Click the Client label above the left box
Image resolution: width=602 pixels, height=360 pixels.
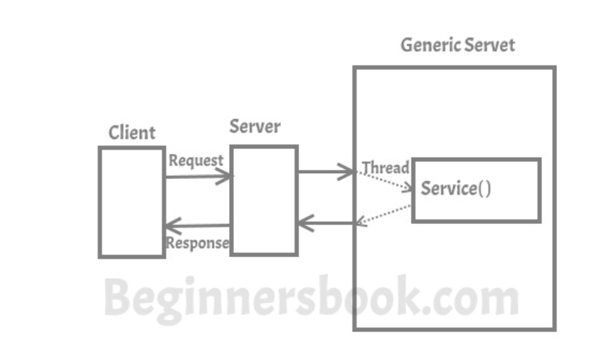[x=132, y=133]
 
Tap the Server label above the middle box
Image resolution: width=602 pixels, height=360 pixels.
[x=255, y=127]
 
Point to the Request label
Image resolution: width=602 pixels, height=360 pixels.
[x=195, y=161]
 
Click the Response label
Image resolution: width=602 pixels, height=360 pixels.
[x=198, y=242]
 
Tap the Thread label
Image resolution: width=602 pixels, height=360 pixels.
[x=385, y=168]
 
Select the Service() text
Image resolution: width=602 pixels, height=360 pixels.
[x=456, y=189]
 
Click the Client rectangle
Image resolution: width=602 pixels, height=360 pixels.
[x=132, y=202]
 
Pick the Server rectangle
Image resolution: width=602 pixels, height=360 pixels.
[x=263, y=200]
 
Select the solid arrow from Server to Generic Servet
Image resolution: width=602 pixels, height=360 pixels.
[x=325, y=172]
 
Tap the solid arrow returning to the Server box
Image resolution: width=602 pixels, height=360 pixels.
[x=327, y=224]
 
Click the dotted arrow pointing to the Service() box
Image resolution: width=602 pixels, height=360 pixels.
[x=385, y=181]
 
